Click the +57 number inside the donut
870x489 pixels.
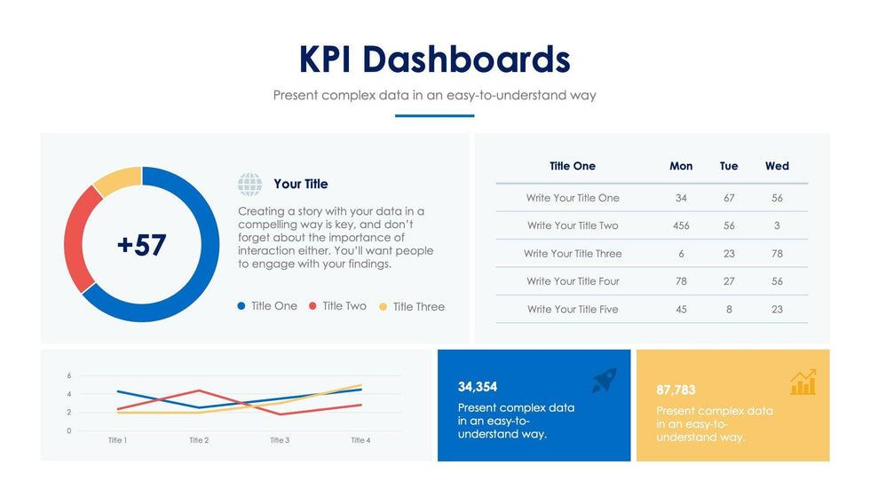point(141,245)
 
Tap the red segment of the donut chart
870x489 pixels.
point(76,234)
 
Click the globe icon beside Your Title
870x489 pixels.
point(250,185)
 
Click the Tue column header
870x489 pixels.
point(729,166)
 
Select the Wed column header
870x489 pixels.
point(777,166)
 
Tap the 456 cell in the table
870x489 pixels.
point(681,225)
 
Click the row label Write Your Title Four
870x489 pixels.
point(573,281)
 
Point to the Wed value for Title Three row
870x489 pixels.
point(777,254)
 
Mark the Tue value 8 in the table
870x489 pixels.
point(729,310)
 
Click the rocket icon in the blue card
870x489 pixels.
point(604,381)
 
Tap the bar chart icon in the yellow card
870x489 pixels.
point(803,383)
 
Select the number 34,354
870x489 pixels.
point(478,387)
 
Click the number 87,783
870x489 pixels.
point(676,390)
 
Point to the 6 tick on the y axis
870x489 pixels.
point(69,375)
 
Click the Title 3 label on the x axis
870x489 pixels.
point(279,440)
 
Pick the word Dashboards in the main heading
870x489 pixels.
point(467,59)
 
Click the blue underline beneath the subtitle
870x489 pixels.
point(434,115)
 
